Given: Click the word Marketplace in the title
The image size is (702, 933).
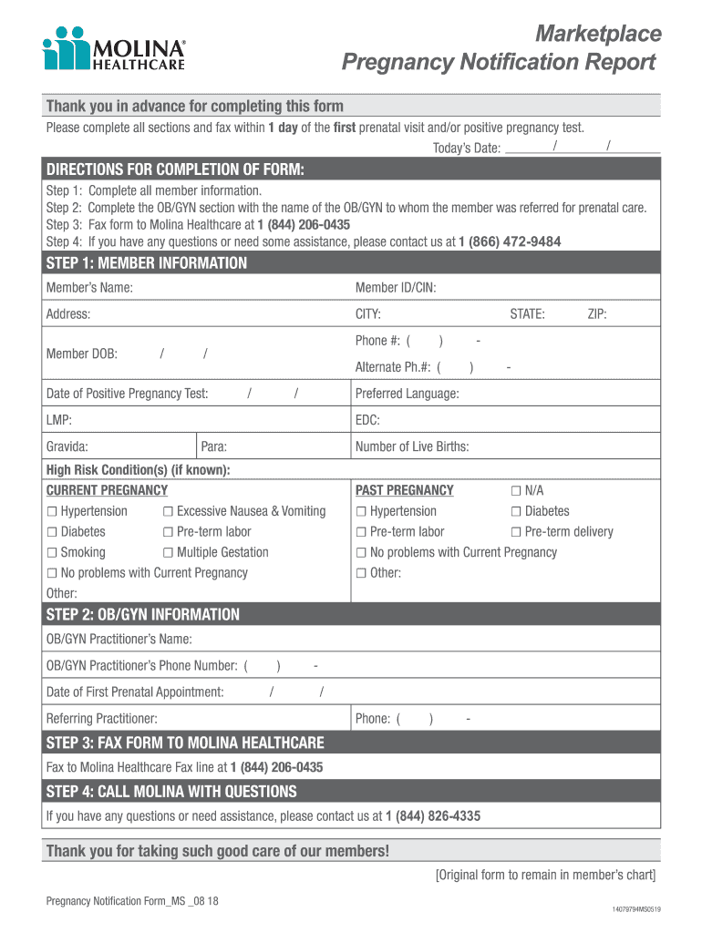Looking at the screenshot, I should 598,34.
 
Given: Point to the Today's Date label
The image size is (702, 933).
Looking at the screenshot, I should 466,149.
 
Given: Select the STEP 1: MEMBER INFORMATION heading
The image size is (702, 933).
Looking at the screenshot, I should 147,263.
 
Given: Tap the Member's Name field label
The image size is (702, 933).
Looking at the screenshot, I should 89,288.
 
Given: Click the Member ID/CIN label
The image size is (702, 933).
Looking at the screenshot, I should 396,288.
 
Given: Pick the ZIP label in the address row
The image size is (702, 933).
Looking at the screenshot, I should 597,314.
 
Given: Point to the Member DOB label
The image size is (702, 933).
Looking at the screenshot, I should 82,354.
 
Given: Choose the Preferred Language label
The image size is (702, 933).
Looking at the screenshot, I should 407,394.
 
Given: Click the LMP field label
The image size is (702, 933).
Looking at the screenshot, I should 59,420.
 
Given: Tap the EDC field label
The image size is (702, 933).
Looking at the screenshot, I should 367,420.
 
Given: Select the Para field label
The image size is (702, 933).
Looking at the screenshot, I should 213,446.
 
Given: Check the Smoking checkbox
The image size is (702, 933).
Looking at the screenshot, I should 52,552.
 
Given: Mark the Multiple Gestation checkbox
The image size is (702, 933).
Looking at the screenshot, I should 169,552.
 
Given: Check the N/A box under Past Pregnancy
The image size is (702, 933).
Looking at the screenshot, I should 517,490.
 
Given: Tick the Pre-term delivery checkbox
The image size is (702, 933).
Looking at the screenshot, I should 517,532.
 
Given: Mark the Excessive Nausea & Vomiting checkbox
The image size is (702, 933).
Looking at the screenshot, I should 169,511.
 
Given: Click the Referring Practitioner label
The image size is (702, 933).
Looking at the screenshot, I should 102,718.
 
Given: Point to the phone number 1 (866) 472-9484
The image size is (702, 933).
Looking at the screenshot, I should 510,241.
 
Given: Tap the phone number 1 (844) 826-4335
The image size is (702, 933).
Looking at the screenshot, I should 433,815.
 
